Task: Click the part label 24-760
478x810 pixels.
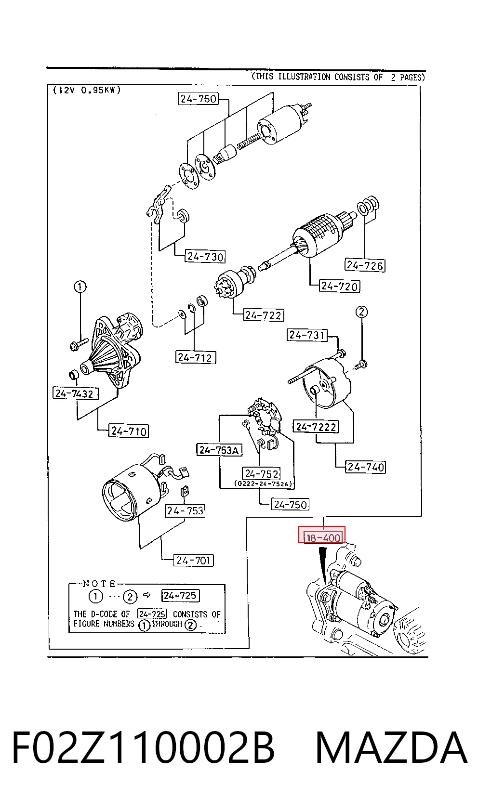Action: pos(199,99)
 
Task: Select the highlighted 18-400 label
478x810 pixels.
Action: pos(322,535)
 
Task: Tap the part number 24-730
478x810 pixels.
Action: pos(205,256)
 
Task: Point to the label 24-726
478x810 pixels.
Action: pos(364,265)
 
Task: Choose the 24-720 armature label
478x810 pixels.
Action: pos(339,286)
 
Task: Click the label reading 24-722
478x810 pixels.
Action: pos(263,315)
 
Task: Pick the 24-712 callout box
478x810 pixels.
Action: pos(195,357)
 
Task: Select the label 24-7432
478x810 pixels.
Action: pos(75,393)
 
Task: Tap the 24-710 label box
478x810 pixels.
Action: pos(129,431)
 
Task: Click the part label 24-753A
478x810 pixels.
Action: pos(219,450)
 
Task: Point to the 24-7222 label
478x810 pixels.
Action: pos(316,427)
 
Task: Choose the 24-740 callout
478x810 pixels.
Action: pos(365,467)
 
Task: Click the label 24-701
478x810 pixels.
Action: pos(193,560)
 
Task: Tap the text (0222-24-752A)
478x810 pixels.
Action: pos(263,483)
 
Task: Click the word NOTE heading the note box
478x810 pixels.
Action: pos(99,584)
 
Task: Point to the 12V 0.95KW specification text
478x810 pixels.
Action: pos(87,90)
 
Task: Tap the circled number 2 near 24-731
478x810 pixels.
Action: pos(362,312)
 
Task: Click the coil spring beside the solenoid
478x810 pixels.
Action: pos(249,140)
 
